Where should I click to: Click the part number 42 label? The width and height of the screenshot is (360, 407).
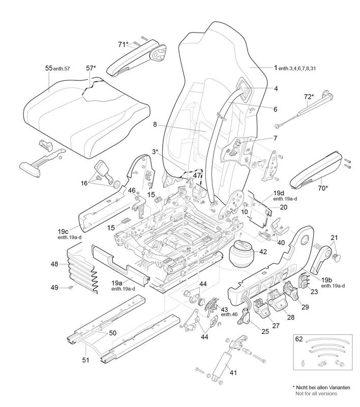pyautogui.click(x=262, y=251)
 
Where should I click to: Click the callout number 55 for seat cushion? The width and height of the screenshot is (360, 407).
pyautogui.click(x=49, y=68)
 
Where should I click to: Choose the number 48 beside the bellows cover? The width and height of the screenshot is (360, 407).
pyautogui.click(x=54, y=265)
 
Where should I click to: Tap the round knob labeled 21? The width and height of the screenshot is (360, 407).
pyautogui.click(x=336, y=258)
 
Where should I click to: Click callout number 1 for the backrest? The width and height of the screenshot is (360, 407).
pyautogui.click(x=275, y=68)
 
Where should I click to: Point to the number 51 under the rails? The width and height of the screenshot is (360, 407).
pyautogui.click(x=86, y=360)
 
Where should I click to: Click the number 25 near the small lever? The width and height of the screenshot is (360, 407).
pyautogui.click(x=252, y=331)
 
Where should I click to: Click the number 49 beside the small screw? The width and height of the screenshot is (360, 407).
pyautogui.click(x=54, y=287)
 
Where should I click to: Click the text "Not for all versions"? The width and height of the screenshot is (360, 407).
pyautogui.click(x=316, y=394)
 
